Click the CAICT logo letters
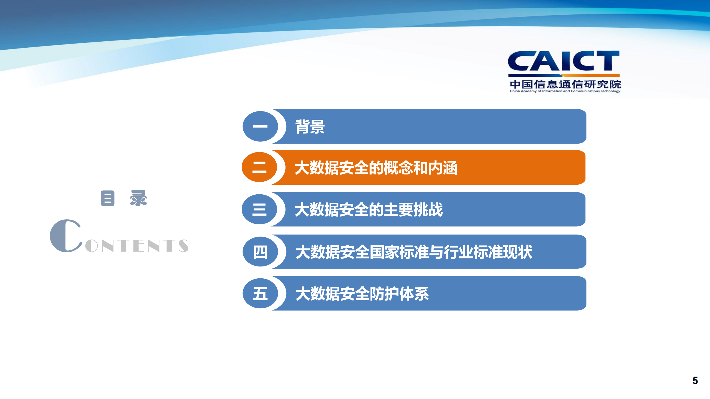[x=563, y=61]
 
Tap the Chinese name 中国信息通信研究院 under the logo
[x=565, y=84]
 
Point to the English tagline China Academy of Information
[x=565, y=91]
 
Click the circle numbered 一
[x=260, y=126]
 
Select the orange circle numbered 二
[x=259, y=167]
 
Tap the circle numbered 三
[x=259, y=209]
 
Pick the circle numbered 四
[x=260, y=252]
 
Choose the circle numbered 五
[x=260, y=293]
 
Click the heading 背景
[x=310, y=127]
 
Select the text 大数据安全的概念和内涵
[x=376, y=168]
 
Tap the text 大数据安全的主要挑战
[x=369, y=210]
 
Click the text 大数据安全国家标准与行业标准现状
[x=414, y=252]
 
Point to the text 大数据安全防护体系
[x=362, y=294]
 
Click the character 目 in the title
[x=108, y=198]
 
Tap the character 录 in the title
[x=138, y=198]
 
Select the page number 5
[x=695, y=380]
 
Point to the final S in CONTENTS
[x=183, y=246]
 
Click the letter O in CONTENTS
[x=92, y=246]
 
